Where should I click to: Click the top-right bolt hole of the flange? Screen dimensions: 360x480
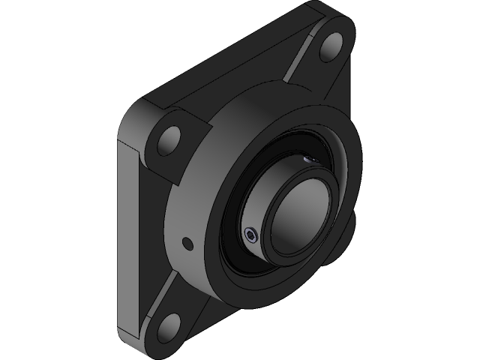[x=332, y=49]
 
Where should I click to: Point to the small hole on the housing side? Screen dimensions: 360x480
[x=187, y=243]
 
